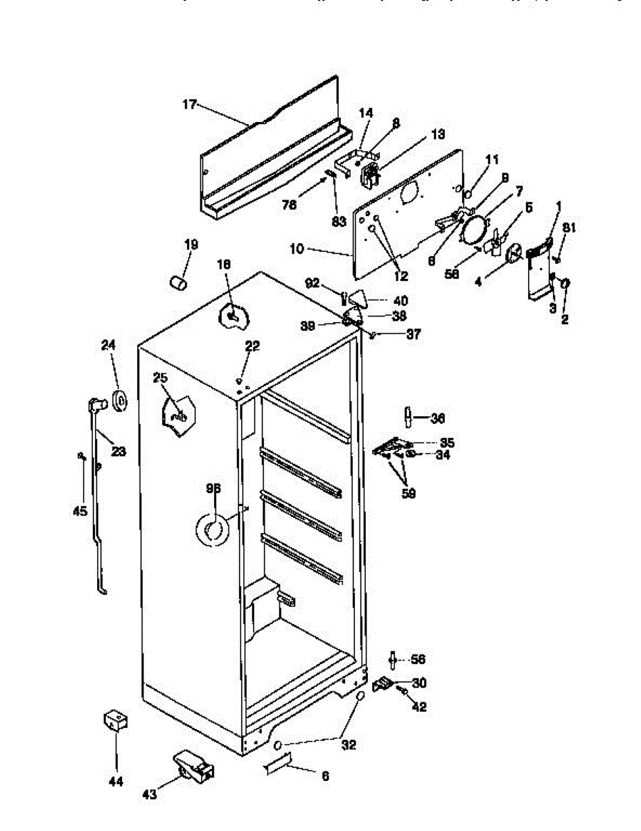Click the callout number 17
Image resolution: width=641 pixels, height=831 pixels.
point(189,105)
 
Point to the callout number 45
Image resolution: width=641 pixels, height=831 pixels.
point(80,511)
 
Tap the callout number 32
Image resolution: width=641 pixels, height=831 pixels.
point(349,745)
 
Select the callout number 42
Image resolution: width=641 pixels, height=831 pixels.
point(419,707)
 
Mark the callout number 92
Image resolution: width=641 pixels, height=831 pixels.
point(313,282)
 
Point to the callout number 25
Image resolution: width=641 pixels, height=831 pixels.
point(160,377)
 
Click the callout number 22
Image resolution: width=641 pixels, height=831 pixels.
point(252,346)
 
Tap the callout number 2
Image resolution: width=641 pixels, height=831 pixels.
point(564,320)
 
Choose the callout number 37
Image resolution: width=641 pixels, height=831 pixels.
point(413,334)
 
